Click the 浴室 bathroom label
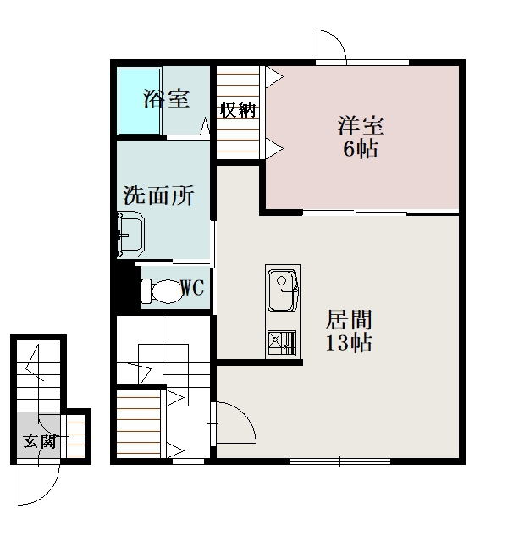tap(166, 99)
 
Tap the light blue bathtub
tap(139, 102)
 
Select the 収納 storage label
tap(237, 110)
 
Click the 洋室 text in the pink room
tap(361, 126)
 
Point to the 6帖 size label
tap(361, 149)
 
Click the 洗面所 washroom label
tap(158, 196)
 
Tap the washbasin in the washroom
tap(130, 234)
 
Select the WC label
tap(192, 288)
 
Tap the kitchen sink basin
tap(283, 290)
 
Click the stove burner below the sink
tap(282, 344)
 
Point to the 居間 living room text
tap(349, 319)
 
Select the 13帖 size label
tap(349, 343)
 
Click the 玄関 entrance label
tap(39, 442)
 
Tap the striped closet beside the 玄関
tap(75, 436)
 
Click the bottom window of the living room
tap(340, 461)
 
